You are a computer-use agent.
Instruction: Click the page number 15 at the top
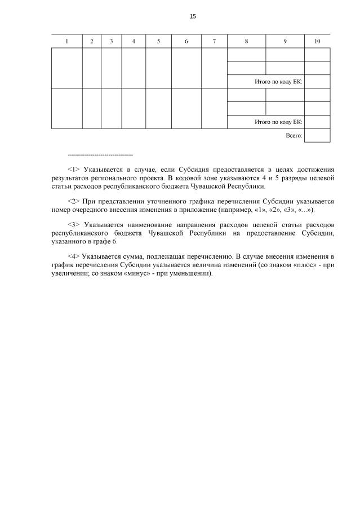[x=193, y=16]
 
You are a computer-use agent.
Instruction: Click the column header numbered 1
[x=66, y=41]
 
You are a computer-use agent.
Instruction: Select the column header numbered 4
[x=134, y=41]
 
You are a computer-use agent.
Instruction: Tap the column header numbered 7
[x=214, y=41]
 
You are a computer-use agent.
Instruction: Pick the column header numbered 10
[x=317, y=41]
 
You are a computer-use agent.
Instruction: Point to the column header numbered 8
[x=246, y=41]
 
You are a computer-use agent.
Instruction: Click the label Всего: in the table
[x=294, y=136]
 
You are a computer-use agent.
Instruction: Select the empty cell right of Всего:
[x=317, y=136]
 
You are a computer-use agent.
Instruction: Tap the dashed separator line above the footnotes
[x=100, y=154]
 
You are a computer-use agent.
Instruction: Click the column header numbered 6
[x=186, y=41]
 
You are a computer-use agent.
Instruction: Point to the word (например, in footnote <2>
[x=217, y=209]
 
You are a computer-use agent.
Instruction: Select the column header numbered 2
[x=91, y=41]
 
